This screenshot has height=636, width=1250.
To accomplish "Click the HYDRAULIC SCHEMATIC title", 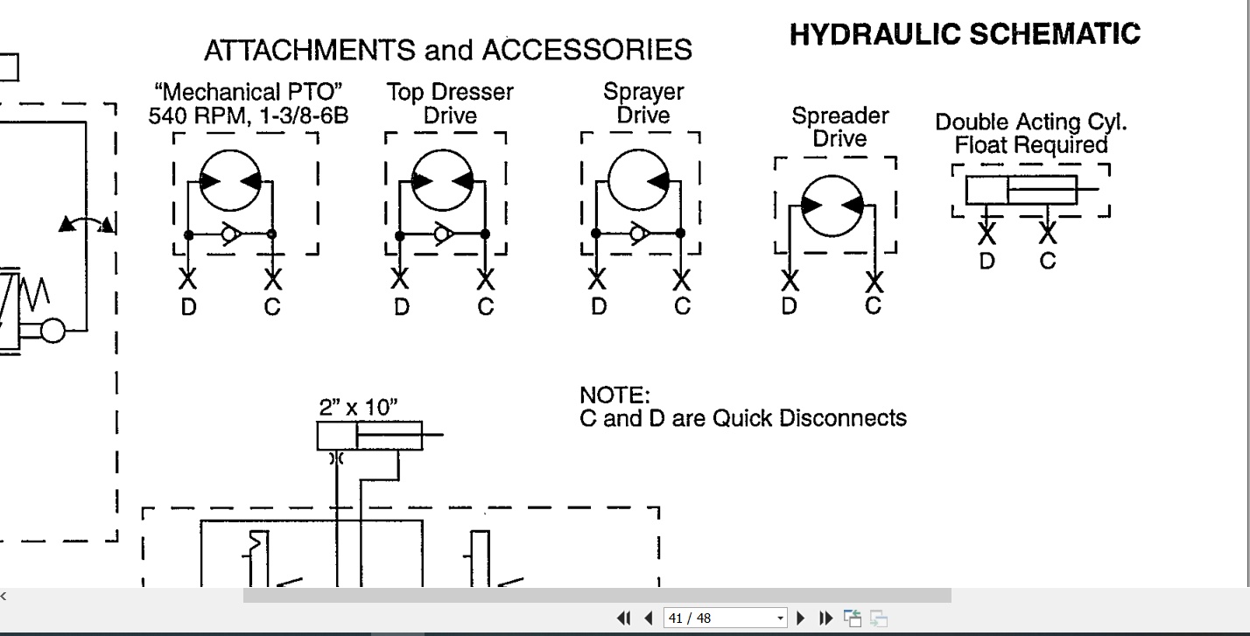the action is [965, 35].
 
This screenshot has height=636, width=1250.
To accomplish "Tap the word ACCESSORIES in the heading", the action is [587, 50].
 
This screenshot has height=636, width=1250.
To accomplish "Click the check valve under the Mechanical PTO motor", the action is [231, 234].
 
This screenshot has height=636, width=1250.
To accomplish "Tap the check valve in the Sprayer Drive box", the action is [640, 234].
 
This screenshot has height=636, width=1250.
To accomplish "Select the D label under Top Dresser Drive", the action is [401, 307].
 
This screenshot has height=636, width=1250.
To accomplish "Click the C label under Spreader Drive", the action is [874, 305].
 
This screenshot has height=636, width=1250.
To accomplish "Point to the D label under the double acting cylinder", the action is [987, 261].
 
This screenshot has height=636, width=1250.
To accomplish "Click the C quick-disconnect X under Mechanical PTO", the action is [272, 279].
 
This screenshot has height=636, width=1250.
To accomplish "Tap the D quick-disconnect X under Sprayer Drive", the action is [597, 279].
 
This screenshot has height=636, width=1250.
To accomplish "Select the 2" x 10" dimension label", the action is [358, 408].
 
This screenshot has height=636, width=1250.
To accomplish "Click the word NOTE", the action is [615, 395].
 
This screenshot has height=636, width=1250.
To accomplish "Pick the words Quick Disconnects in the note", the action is [809, 418].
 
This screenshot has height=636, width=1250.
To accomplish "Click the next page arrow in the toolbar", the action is [800, 618].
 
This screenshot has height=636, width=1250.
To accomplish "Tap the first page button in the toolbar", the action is [623, 618].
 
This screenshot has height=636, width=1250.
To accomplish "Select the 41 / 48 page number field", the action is [725, 618].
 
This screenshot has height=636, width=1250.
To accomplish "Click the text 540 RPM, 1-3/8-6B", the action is [249, 116].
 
